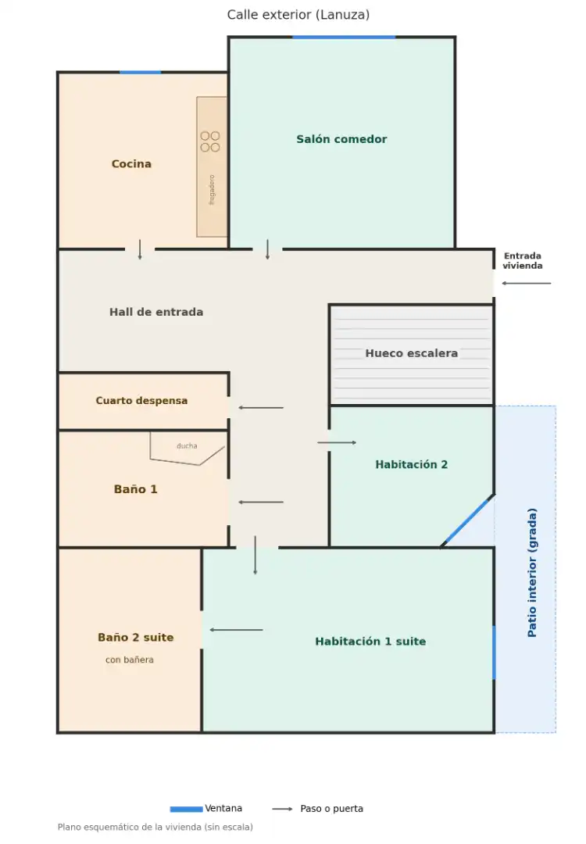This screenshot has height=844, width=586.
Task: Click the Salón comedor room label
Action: tap(341, 139)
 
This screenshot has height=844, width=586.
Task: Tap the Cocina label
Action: tap(131, 163)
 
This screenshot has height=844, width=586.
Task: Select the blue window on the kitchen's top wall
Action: tap(140, 72)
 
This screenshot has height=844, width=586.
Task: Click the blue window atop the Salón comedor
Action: tap(344, 38)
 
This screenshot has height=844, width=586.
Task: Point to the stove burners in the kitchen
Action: tap(210, 141)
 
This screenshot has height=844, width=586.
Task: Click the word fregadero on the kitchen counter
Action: tap(212, 189)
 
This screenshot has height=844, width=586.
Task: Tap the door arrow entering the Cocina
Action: tap(140, 250)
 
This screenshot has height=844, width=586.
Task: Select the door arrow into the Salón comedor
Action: tap(267, 250)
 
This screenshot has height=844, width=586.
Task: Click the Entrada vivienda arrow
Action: tap(527, 283)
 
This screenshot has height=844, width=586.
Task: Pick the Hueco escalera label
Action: tap(412, 353)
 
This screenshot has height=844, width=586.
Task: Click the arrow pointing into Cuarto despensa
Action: tap(261, 407)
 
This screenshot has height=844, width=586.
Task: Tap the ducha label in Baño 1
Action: tap(187, 445)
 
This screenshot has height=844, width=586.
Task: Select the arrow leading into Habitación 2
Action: tap(337, 442)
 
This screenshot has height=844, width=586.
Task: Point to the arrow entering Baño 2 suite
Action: tap(236, 630)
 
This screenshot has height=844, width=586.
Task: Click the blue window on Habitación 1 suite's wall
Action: tap(494, 653)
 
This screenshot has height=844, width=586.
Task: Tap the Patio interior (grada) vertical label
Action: tap(532, 573)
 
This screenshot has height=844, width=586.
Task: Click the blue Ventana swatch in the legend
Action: tap(186, 809)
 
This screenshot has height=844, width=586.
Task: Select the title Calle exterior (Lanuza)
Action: tap(298, 15)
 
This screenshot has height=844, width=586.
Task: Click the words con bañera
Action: tap(129, 660)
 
